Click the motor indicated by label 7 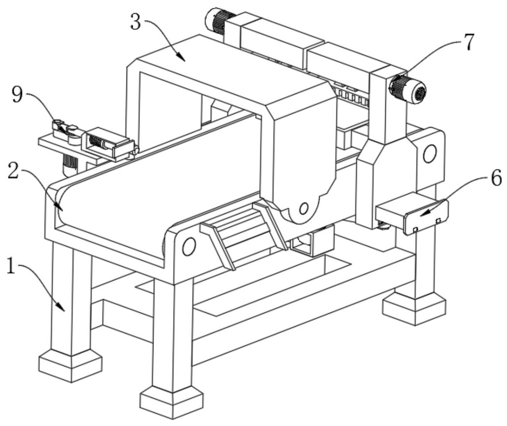tap(408, 89)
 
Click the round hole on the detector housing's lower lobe tap(302, 207)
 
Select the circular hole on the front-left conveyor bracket tap(188, 247)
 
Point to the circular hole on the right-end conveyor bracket tap(429, 154)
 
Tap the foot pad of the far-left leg tap(71, 365)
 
